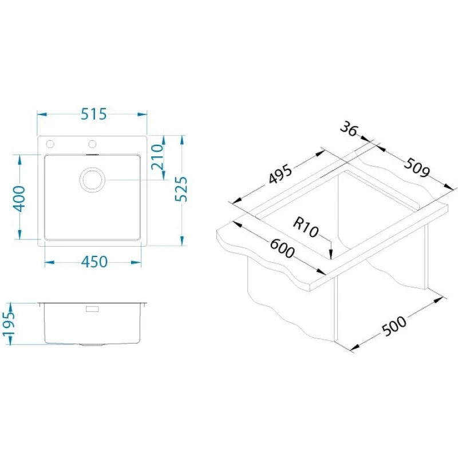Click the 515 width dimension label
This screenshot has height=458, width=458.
coord(94,114)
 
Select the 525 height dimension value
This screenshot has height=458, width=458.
coord(181,189)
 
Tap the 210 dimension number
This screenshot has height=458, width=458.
coord(157,156)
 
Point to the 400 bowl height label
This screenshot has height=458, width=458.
coord(19,199)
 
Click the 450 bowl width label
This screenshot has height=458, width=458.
coord(94,262)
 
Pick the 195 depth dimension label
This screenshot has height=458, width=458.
coord(8,323)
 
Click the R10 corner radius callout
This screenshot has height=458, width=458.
coord(306,228)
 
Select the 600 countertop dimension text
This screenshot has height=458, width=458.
coord(282,248)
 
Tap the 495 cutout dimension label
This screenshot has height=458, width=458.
coord(280,175)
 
